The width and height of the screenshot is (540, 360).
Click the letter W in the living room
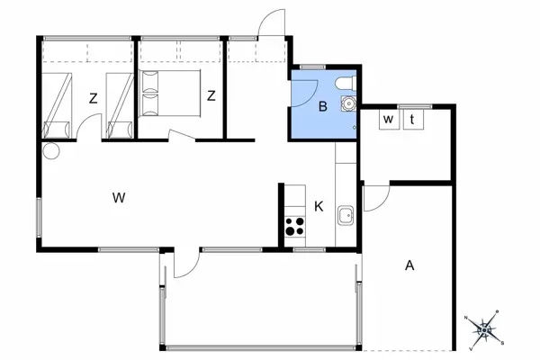pyautogui.click(x=119, y=198)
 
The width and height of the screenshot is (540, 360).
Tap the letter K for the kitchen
pyautogui.click(x=319, y=207)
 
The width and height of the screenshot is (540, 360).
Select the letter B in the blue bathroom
pyautogui.click(x=323, y=106)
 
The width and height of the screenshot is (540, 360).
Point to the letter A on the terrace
pyautogui.click(x=409, y=265)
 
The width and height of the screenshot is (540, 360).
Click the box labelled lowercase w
pyautogui.click(x=389, y=119)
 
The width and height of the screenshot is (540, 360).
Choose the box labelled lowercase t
pyautogui.click(x=413, y=119)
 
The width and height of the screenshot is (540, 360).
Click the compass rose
pyautogui.click(x=484, y=329)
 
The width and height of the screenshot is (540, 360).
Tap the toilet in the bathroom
pyautogui.click(x=346, y=84)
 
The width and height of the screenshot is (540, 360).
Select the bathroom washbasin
pyautogui.click(x=348, y=103)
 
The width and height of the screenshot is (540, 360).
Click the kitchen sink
pyautogui.click(x=345, y=216)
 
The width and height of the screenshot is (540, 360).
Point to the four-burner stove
pyautogui.click(x=295, y=226)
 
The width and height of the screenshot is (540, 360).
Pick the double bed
pyautogui.click(x=169, y=94)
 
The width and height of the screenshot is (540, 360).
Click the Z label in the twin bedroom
pyautogui.click(x=93, y=99)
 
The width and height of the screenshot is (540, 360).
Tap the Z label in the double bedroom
pyautogui.click(x=211, y=95)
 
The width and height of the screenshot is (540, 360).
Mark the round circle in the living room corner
pyautogui.click(x=51, y=151)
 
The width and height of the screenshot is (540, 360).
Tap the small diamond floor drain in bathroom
pyautogui.click(x=354, y=128)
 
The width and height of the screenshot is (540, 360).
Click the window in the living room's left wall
pyautogui.click(x=40, y=217)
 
